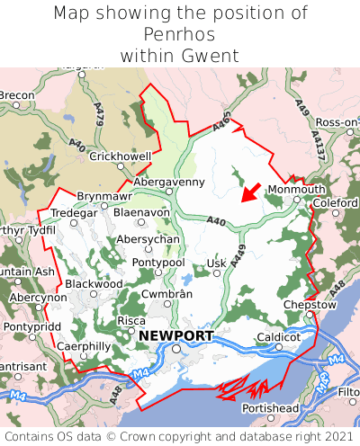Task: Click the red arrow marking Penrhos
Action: coord(251,192)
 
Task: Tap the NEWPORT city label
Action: coord(176,336)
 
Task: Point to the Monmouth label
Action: coord(297,190)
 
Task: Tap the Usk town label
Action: coord(215,263)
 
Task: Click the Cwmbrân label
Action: coord(167,294)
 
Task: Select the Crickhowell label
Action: coord(121,156)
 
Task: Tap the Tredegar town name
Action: coord(73,212)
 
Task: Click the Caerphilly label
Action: coord(83,345)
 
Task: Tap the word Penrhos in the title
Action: coord(180,34)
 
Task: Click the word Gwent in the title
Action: coord(208,56)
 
